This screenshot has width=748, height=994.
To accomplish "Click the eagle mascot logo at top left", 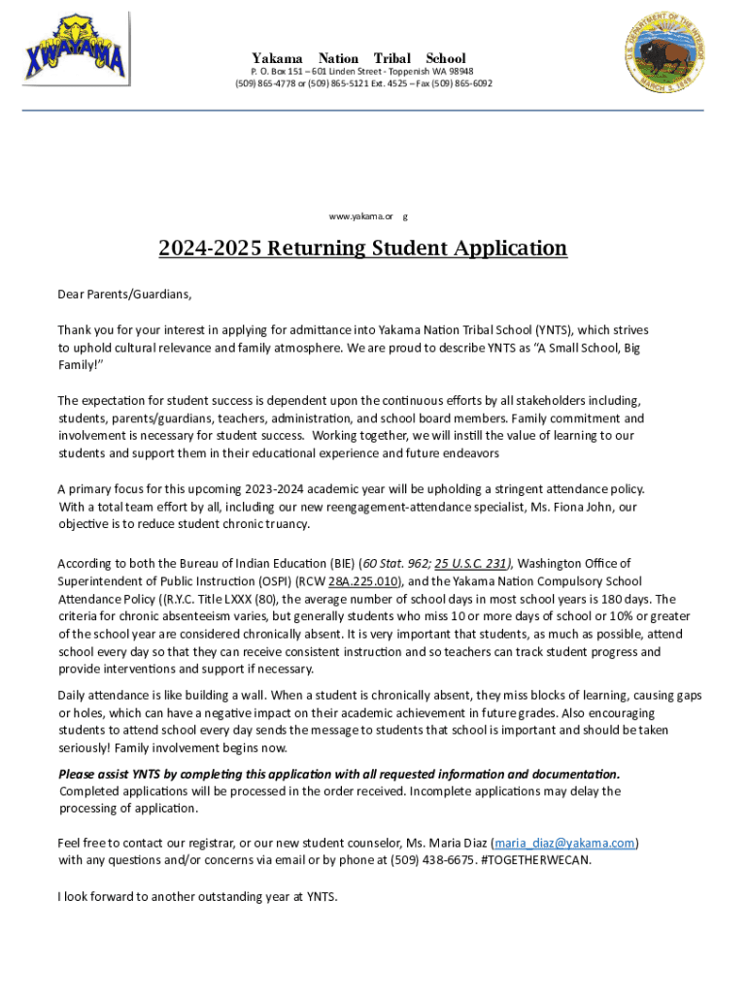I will [76, 49].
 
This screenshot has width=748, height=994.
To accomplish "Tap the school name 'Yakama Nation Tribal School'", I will [358, 58].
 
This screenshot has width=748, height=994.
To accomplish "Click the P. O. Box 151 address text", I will [283, 72].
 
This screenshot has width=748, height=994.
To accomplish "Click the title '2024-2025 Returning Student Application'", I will [362, 248].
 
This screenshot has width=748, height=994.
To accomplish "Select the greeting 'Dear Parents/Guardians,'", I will [124, 293].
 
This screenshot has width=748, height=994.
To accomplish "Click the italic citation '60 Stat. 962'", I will [393, 563].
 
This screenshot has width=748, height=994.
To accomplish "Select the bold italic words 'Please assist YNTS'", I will [118, 774].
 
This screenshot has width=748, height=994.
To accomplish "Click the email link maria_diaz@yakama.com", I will [564, 843].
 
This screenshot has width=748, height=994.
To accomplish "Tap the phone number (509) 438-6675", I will [433, 860].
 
